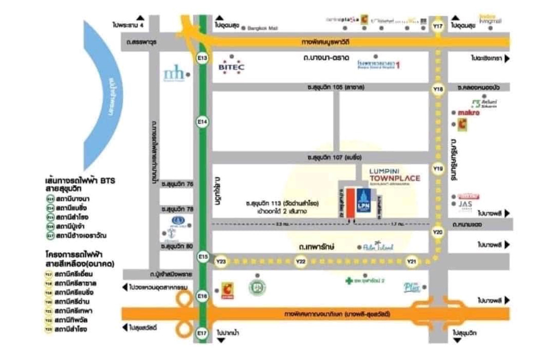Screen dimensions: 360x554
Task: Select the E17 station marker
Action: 202,333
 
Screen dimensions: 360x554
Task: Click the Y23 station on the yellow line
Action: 222,262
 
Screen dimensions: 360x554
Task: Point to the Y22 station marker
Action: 301,262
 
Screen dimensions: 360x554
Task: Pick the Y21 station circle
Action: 412,262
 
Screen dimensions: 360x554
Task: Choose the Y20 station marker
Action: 438,232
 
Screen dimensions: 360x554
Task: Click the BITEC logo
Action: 232,67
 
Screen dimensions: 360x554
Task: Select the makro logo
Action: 469,113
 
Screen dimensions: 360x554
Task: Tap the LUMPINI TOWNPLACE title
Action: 395,175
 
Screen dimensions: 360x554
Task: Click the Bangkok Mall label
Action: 263,28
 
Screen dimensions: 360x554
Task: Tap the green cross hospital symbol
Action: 349,281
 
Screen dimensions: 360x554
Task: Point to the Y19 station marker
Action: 438,169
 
